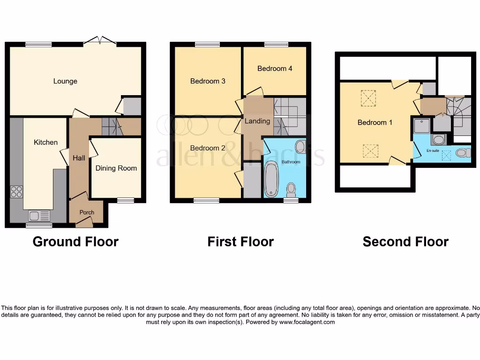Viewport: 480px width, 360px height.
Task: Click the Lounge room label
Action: click(x=65, y=81)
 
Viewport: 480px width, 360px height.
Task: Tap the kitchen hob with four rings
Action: click(x=16, y=192)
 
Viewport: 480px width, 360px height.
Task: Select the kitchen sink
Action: click(x=35, y=216)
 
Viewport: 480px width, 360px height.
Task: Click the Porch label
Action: click(x=87, y=212)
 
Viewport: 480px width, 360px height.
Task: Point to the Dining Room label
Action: click(x=116, y=168)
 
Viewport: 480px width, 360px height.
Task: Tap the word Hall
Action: click(x=79, y=158)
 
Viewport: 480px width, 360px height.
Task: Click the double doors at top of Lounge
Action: click(x=100, y=41)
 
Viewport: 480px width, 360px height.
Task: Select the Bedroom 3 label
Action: click(x=208, y=81)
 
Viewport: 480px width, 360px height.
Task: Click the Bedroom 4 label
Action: click(x=275, y=68)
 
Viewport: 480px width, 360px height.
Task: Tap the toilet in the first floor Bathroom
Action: click(x=291, y=189)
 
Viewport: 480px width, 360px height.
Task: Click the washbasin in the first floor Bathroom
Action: click(x=300, y=148)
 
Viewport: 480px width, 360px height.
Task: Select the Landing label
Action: click(x=257, y=121)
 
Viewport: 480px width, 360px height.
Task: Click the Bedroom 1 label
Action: click(x=375, y=122)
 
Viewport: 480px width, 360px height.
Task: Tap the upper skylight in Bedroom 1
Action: click(x=368, y=98)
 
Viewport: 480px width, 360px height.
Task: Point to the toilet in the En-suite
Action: click(x=462, y=152)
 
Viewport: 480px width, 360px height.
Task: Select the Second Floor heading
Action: click(x=405, y=242)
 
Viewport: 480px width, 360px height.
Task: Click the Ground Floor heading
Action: click(x=75, y=242)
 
